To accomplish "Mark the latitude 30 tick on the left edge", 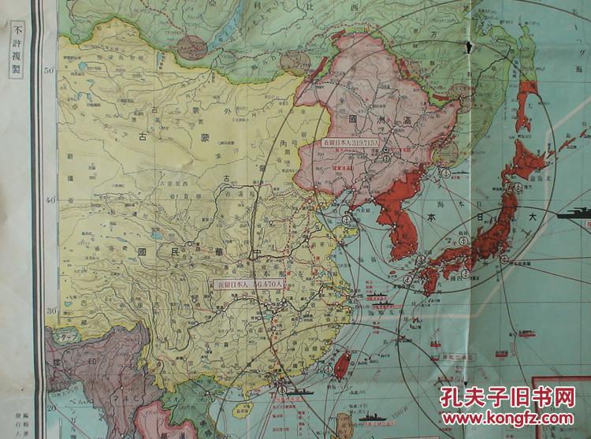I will [x=49, y=311].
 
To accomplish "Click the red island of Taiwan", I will [x=343, y=365].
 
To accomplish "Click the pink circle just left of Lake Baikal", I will [x=191, y=46].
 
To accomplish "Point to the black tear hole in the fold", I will [x=469, y=47].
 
